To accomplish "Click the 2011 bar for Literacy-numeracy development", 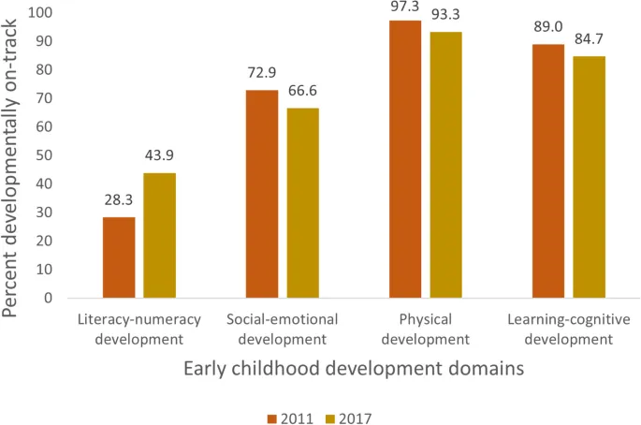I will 119,257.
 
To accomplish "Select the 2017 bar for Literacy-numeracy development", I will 159,235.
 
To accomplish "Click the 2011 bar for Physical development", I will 405,159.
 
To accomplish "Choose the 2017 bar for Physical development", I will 445,165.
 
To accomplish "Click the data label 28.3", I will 119,200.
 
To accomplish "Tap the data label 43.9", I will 159,155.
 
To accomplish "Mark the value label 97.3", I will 405,6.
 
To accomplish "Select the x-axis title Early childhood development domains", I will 353,369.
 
